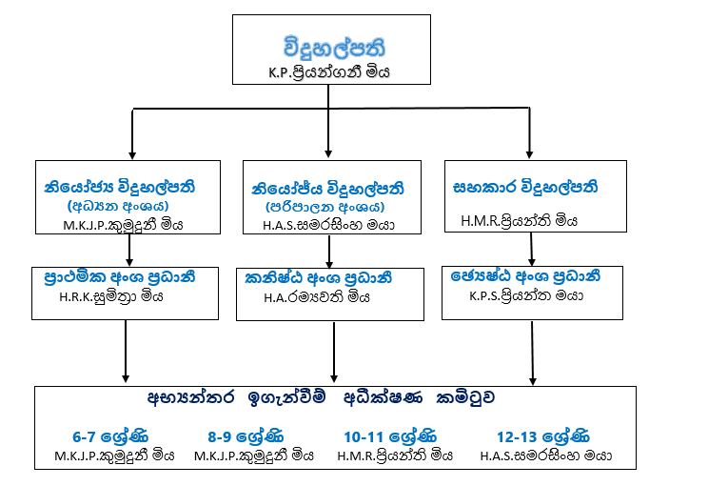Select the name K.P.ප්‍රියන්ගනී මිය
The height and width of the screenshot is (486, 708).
[x=328, y=71]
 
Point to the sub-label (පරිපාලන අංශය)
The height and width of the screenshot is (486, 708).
[x=324, y=206]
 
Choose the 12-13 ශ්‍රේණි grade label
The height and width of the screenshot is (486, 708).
[x=540, y=437]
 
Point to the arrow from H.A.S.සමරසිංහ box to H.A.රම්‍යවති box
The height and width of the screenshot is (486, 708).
[x=329, y=251]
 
